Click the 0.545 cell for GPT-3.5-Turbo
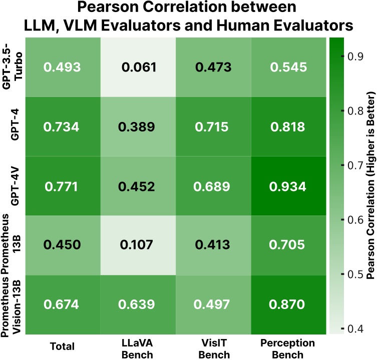coord(288,66)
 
